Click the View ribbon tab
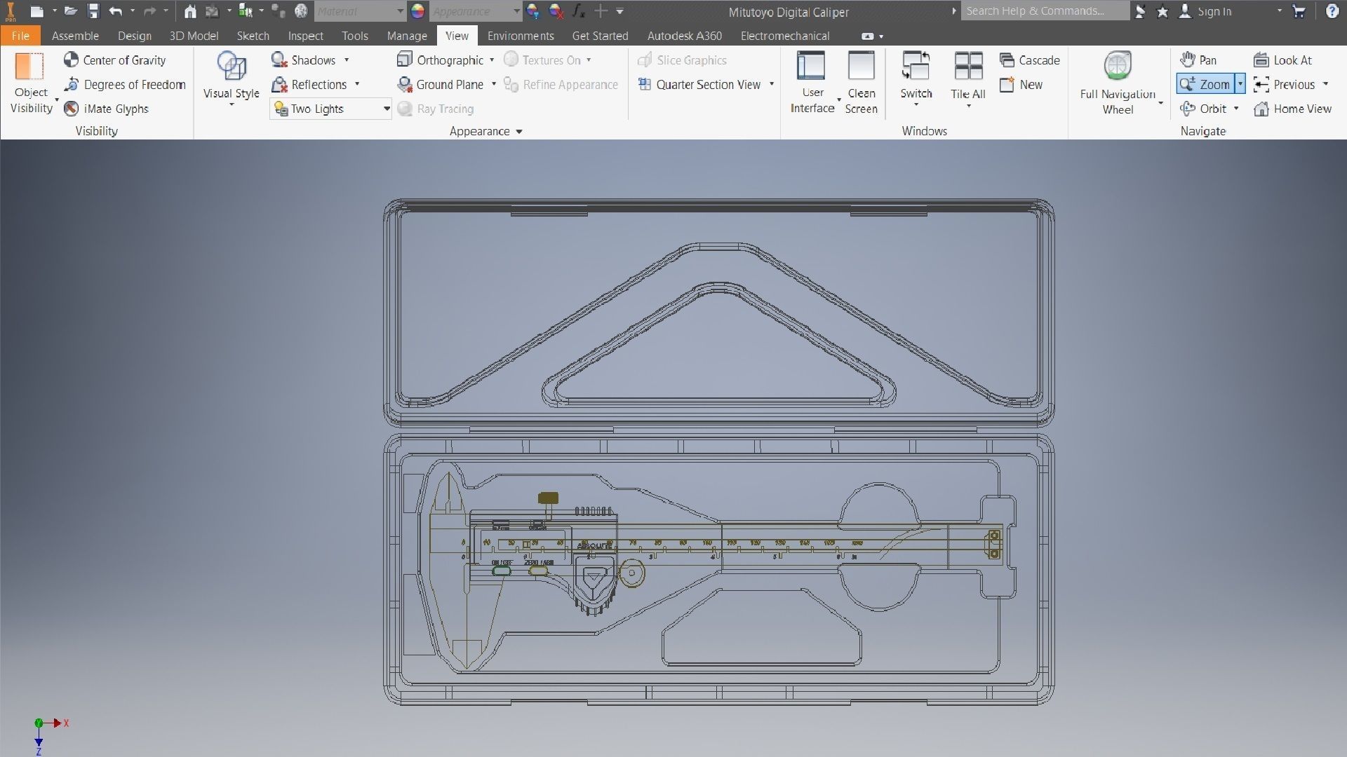(457, 36)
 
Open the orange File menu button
(20, 36)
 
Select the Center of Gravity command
(115, 60)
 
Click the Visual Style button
(231, 77)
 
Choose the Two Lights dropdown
(330, 109)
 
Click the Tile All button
(968, 77)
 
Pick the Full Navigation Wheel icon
(1118, 67)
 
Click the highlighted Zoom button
(1206, 84)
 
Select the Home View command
(1293, 109)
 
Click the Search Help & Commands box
(1044, 11)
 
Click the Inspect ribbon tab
(305, 36)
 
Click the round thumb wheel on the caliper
(631, 573)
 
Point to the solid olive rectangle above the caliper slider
(548, 498)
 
